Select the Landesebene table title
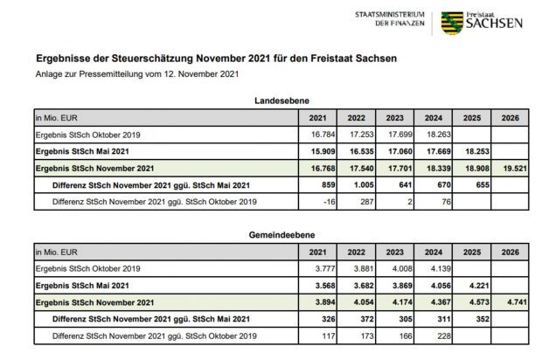pyautogui.click(x=281, y=101)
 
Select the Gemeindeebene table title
pyautogui.click(x=281, y=235)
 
